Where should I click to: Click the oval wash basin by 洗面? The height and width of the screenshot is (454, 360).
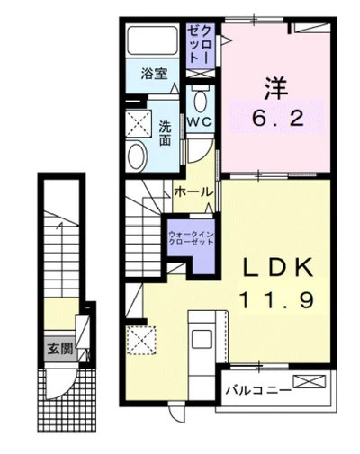(x=136, y=156)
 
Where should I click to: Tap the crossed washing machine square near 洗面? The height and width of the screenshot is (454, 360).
(x=138, y=122)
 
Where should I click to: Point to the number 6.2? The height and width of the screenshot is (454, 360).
(x=274, y=117)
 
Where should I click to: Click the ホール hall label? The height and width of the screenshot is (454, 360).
(x=193, y=192)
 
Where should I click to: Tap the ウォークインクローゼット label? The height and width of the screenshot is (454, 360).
(x=191, y=238)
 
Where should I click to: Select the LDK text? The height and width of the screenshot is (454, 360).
(x=276, y=268)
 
